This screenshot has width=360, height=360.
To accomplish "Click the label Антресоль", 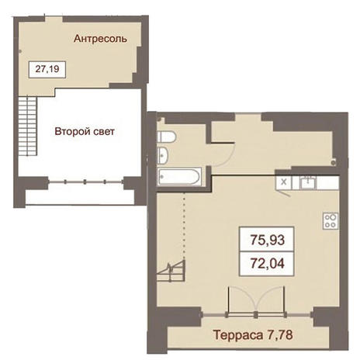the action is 100,39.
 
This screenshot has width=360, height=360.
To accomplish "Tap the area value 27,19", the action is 47,69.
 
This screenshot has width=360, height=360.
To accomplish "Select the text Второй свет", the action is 85,131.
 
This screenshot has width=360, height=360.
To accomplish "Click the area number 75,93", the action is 267,240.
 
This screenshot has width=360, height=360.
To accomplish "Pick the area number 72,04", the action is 267,263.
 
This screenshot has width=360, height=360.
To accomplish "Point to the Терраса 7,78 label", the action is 253,335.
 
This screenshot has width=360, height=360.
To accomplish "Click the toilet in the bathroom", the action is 167,137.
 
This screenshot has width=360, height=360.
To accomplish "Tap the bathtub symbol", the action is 179,177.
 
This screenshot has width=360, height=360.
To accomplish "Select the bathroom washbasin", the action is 163,156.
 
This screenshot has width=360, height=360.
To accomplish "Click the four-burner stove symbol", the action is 331,221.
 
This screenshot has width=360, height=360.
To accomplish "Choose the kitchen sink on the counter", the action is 308,182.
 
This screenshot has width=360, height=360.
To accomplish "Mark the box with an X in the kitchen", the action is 284,182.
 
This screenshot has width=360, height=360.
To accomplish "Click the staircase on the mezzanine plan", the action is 27,126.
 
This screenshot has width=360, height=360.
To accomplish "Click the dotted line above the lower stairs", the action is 184,226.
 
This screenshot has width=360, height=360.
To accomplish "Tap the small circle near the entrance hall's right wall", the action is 334,163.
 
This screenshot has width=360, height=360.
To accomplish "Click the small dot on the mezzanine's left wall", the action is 20,51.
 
